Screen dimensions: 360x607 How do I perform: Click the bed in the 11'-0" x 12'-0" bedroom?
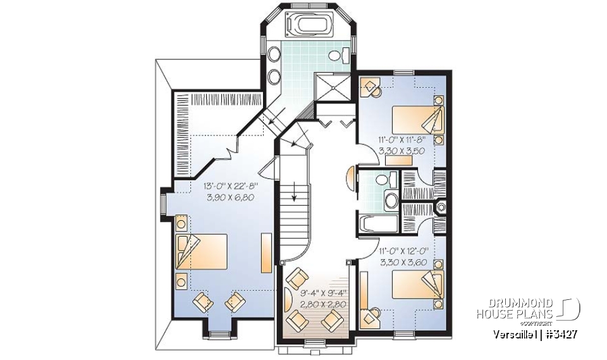click(417, 285)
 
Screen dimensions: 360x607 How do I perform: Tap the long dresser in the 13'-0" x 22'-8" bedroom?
click(266, 250)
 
